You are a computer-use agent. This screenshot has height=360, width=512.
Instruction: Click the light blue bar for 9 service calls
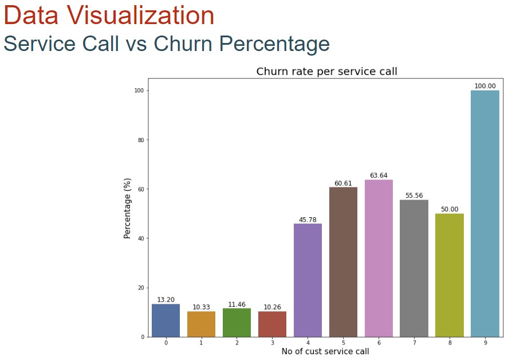pos(485,213)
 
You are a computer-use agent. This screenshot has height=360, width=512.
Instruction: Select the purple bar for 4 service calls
pos(308,280)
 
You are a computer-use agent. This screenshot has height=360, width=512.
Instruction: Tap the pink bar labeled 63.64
pos(379,258)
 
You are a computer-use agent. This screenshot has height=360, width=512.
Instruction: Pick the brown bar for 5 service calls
pos(343,262)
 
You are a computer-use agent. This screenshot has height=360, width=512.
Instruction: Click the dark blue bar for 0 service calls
pos(166,320)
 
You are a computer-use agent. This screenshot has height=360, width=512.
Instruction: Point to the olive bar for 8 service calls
pos(450,275)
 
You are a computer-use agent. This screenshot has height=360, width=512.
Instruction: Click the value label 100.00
pos(485,86)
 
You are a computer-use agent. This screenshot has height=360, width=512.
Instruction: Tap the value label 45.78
pos(308,220)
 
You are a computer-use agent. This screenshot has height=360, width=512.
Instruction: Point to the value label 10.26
pos(272,307)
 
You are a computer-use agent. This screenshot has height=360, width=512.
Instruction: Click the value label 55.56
pos(414,195)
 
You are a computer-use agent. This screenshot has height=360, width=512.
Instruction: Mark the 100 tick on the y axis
pos(138,91)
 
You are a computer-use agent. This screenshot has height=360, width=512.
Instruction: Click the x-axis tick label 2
pos(237,343)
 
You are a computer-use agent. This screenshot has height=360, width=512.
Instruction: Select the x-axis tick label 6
pos(379,343)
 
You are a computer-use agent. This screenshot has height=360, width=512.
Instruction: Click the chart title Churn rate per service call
pos(326,72)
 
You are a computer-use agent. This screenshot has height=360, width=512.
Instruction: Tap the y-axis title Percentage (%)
pos(128,208)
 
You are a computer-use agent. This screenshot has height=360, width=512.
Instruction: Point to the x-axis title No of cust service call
pos(325,351)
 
